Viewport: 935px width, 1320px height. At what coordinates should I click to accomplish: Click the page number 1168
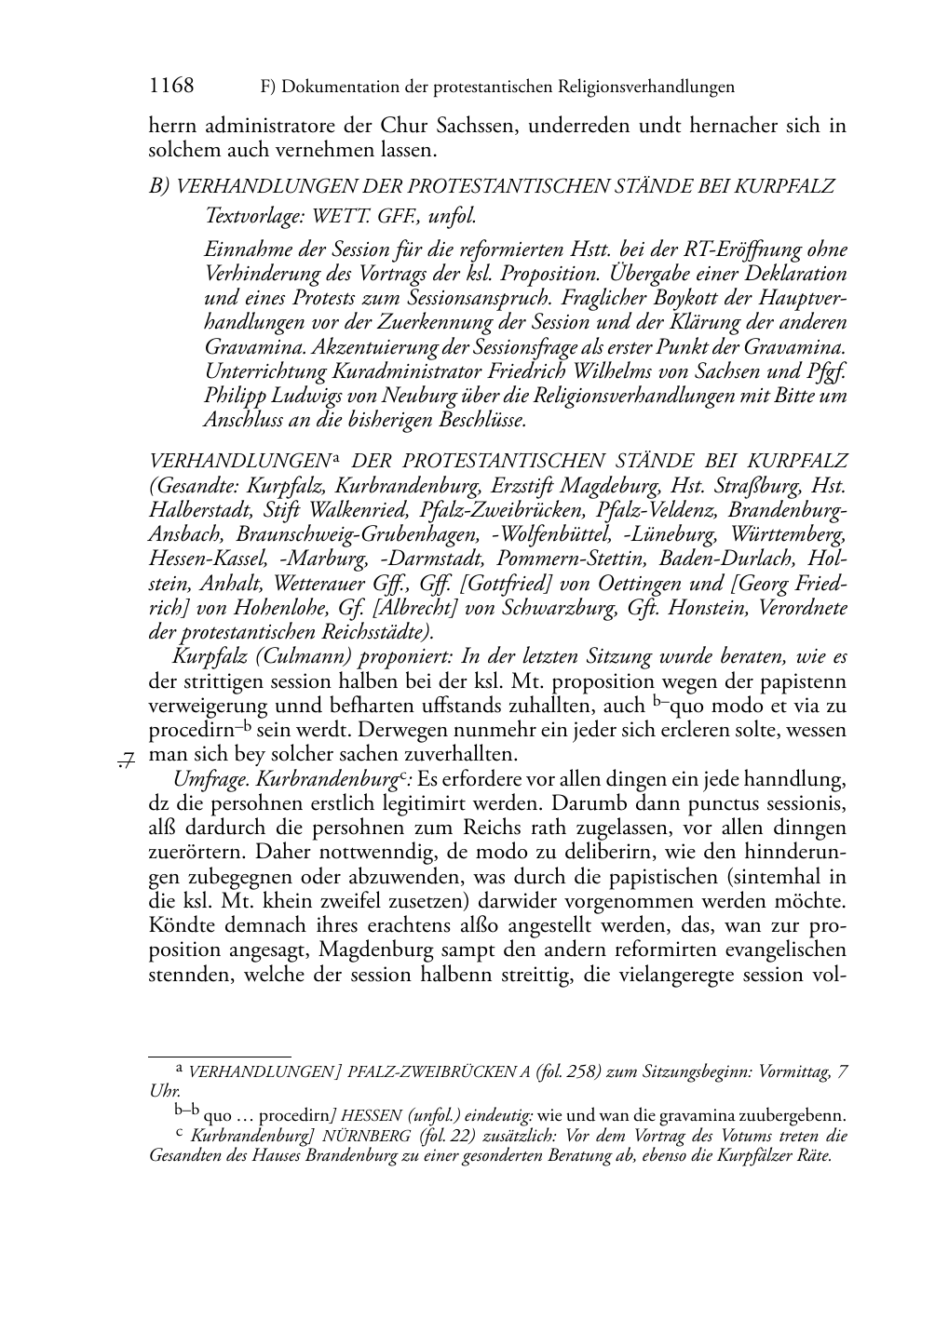pos(171,87)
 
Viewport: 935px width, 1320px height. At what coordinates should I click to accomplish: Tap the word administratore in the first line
pos(266,125)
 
